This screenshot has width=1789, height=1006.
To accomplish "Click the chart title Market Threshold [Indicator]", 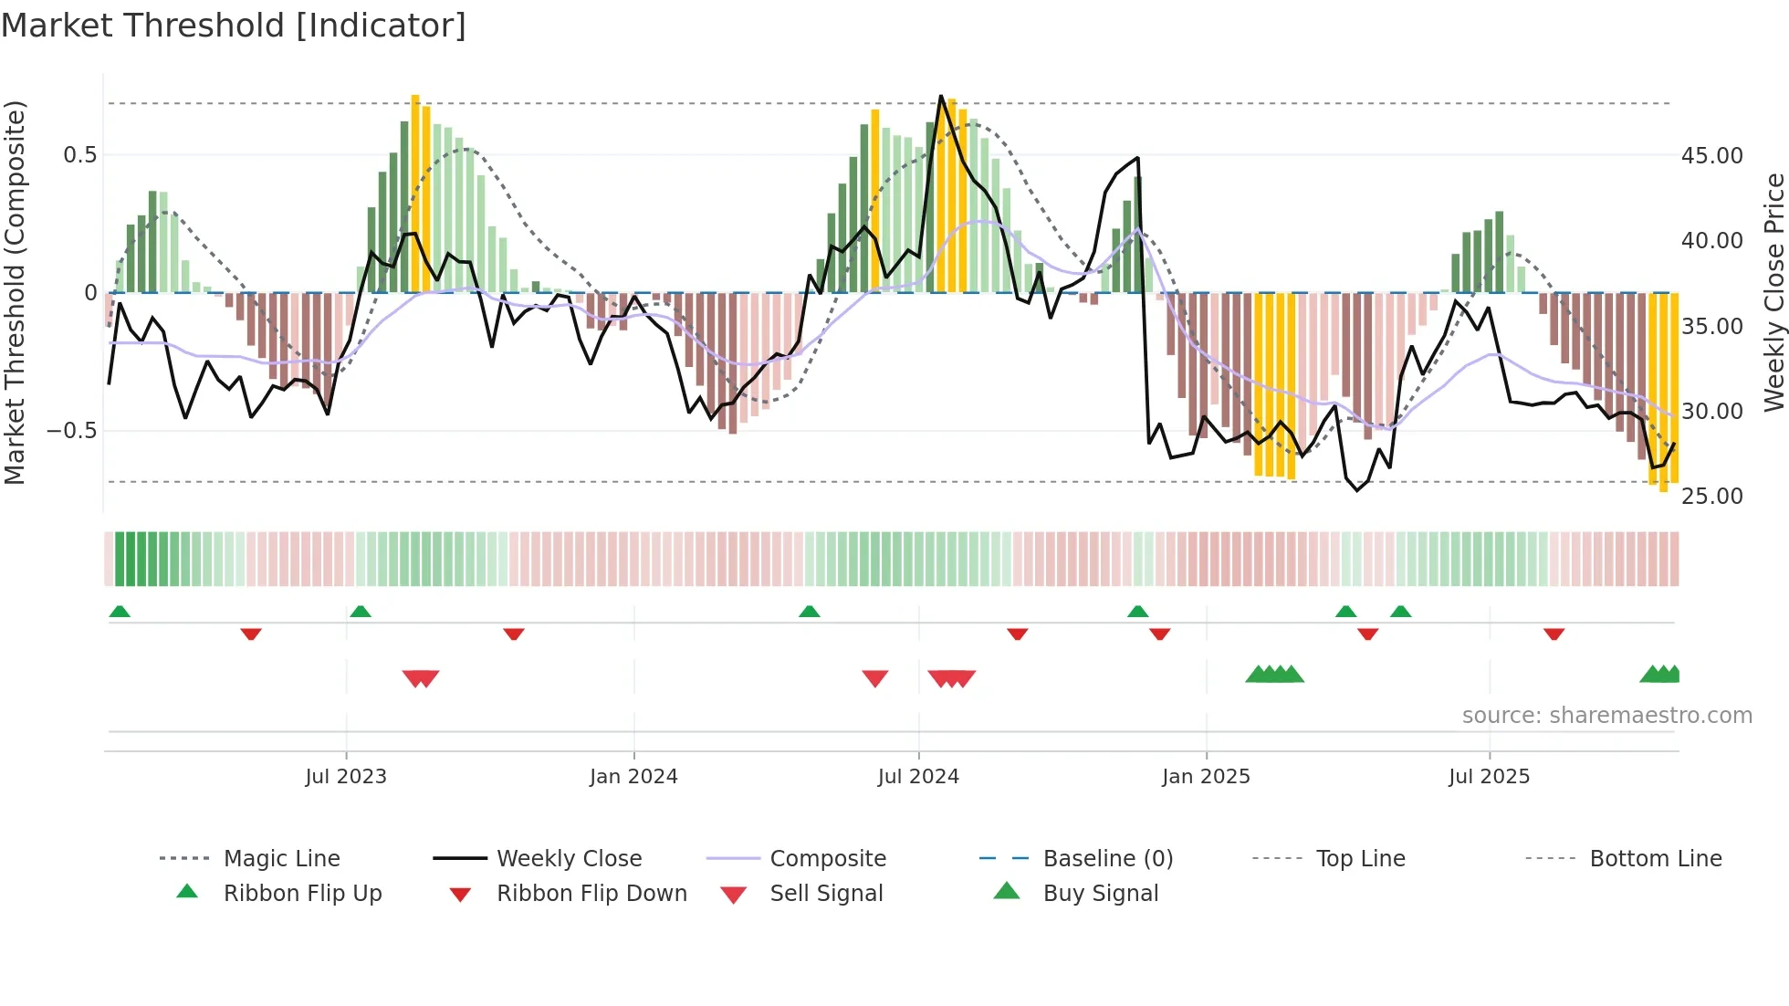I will (234, 26).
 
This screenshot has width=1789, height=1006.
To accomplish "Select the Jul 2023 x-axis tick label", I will (346, 777).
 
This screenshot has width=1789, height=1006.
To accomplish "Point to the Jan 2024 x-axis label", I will (633, 777).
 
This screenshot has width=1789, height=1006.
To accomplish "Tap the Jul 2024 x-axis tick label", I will (918, 777).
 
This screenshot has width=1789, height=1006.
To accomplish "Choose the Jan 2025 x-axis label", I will (1206, 777).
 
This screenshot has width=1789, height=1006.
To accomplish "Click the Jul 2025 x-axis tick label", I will (1489, 777).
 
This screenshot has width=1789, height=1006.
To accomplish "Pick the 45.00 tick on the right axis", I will (1711, 156).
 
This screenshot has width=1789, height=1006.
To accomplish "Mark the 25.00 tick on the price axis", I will (1711, 497).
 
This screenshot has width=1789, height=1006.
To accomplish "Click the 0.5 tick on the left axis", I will (79, 155).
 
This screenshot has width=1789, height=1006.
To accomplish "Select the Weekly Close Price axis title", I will (1773, 292).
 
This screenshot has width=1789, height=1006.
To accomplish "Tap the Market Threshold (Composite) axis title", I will (15, 292).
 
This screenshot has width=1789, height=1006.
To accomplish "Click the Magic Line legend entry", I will (281, 859).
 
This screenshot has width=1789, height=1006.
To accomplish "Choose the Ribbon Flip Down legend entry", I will (591, 894).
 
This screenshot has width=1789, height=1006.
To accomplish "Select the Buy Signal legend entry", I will (1100, 894).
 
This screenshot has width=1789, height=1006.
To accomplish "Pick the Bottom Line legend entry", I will (1655, 859).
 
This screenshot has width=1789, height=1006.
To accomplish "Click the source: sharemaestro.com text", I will (1606, 716).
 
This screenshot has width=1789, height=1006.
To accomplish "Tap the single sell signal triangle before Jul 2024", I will (875, 678).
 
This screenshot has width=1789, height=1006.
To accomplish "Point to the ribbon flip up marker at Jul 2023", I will (361, 612).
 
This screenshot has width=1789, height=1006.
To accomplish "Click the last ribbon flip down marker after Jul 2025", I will (1554, 634).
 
